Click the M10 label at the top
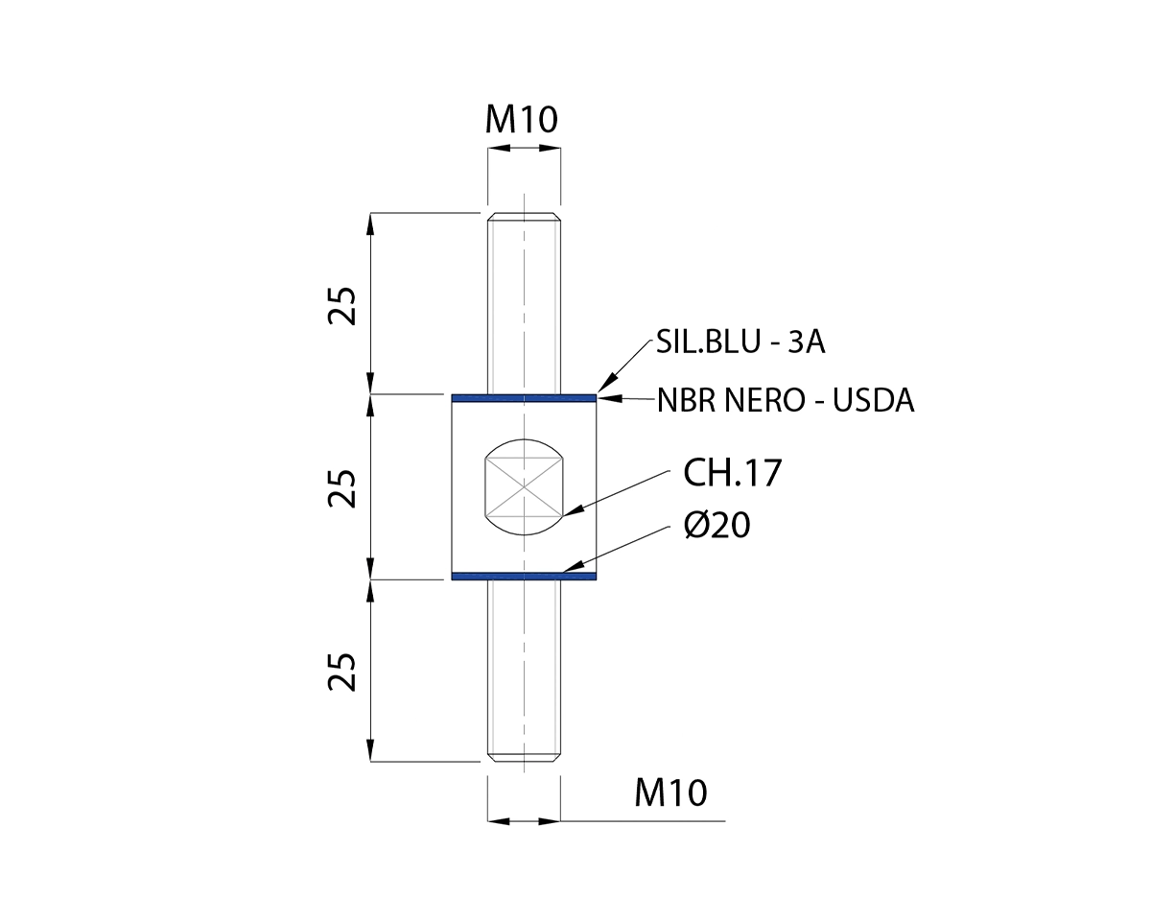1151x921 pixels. pyautogui.click(x=522, y=119)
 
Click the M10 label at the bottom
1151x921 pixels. pyautogui.click(x=670, y=793)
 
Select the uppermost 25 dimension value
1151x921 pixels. pyautogui.click(x=343, y=305)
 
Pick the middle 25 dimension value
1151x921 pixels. pyautogui.click(x=343, y=487)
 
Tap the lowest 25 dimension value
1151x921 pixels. pyautogui.click(x=343, y=672)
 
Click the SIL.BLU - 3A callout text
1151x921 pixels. pyautogui.click(x=740, y=342)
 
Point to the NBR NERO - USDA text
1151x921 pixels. pyautogui.click(x=786, y=400)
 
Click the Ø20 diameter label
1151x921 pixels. pyautogui.click(x=716, y=525)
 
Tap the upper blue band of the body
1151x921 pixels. pyautogui.click(x=524, y=396)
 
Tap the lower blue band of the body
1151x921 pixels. pyautogui.click(x=524, y=576)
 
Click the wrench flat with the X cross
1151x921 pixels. pyautogui.click(x=524, y=486)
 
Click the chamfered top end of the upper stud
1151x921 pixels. pyautogui.click(x=524, y=216)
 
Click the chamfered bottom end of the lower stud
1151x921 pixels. pyautogui.click(x=524, y=757)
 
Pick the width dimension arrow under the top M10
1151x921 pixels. pyautogui.click(x=524, y=149)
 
